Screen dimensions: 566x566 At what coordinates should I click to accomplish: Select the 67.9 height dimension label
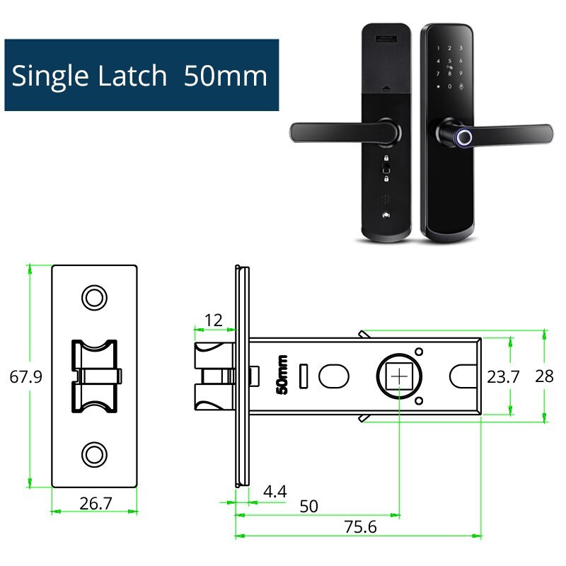coord(25,376)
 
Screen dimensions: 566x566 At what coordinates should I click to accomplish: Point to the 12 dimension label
coord(213,320)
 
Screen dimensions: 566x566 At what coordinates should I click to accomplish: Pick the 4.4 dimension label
coord(274,491)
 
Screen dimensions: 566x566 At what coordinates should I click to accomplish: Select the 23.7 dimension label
coord(503,376)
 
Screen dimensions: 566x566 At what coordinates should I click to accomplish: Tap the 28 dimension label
coord(544,376)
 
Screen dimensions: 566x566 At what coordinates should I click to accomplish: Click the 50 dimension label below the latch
coord(309,507)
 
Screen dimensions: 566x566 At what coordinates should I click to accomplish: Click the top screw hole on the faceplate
coord(93,298)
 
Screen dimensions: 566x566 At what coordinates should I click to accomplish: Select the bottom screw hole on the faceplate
coord(93,453)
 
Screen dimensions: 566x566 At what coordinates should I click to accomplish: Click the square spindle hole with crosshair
coord(400,376)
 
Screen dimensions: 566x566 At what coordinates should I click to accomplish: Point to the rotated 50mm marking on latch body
coord(282,375)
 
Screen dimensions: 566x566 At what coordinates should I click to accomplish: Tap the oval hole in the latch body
coord(333,376)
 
